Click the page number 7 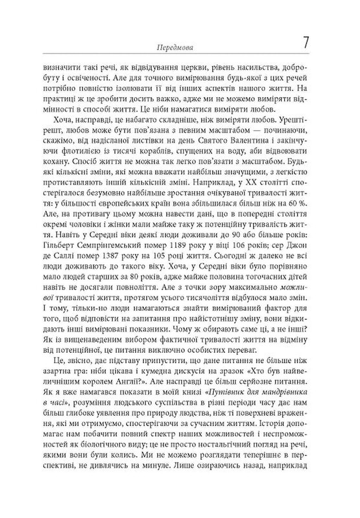[306, 45]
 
